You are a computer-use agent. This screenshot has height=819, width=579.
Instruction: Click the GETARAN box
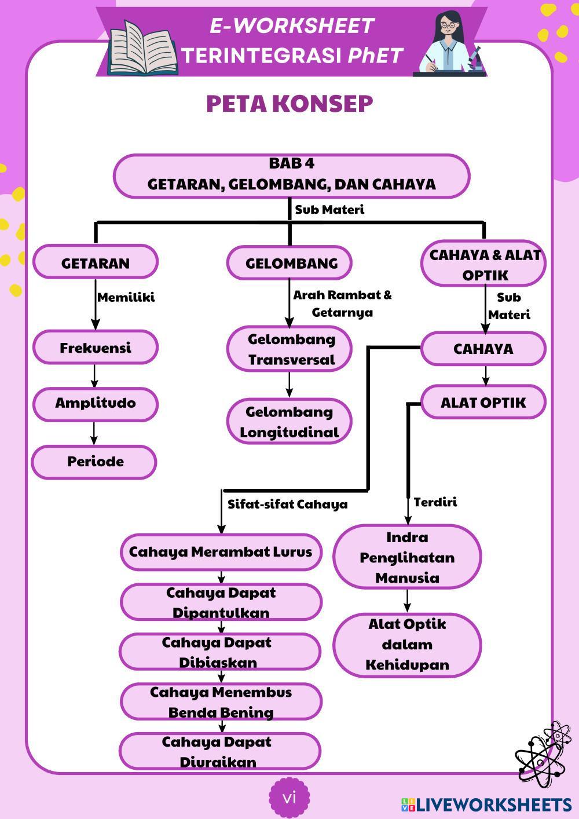tap(96, 262)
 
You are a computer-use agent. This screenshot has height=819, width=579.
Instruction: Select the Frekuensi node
tap(96, 348)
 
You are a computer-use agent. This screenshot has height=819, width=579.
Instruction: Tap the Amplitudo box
tap(96, 404)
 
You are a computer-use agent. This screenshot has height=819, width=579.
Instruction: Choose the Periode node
tap(94, 462)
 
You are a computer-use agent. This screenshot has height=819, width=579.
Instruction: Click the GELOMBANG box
tap(290, 263)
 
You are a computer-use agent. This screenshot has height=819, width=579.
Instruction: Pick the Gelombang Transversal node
tap(290, 349)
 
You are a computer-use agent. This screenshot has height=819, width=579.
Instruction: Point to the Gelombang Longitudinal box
tap(289, 422)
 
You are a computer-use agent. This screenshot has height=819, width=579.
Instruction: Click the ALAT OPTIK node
tap(483, 403)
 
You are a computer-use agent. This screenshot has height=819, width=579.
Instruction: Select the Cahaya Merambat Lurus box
tap(221, 551)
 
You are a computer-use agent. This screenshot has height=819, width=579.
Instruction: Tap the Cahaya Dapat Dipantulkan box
tap(221, 602)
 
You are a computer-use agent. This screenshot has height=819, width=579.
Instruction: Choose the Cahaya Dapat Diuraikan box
tap(219, 751)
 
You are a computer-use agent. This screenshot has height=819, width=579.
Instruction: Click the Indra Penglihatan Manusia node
tap(407, 557)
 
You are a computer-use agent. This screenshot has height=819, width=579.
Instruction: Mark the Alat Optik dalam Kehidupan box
tap(407, 645)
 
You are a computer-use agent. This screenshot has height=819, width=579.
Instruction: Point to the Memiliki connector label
tap(126, 298)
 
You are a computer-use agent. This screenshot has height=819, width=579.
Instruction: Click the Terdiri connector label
tap(435, 502)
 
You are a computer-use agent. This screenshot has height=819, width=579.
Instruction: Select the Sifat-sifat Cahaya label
tap(287, 504)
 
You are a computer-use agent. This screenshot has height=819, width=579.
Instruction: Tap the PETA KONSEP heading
tap(289, 104)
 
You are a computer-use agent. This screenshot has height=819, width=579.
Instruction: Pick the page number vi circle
tap(289, 798)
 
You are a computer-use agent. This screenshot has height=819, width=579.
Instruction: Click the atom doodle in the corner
tap(543, 753)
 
